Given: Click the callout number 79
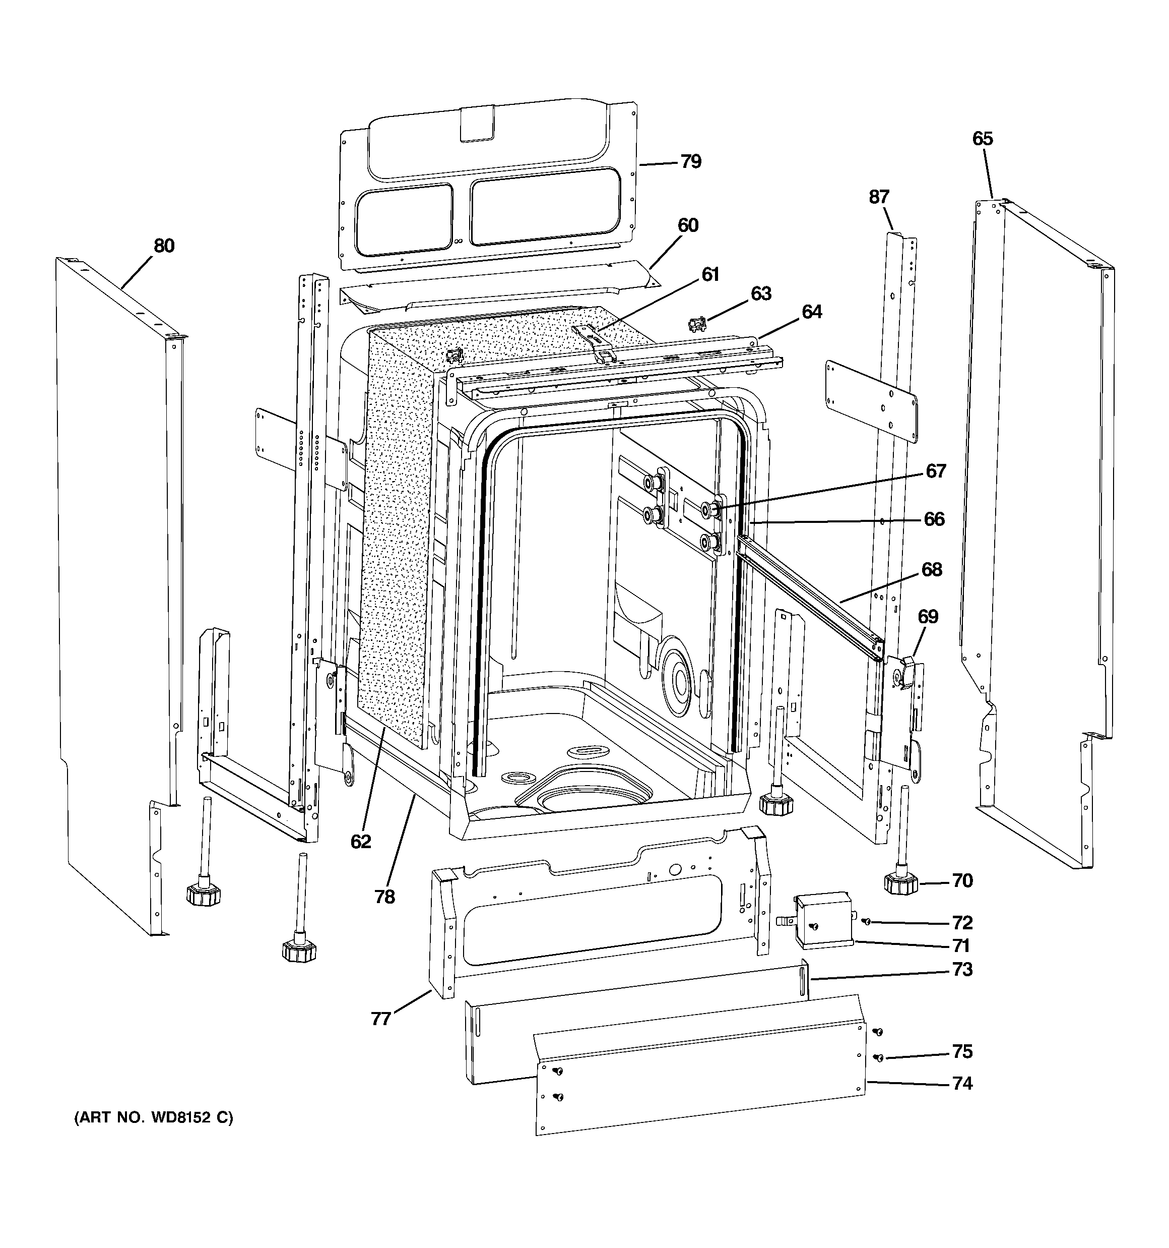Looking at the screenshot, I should (x=690, y=162).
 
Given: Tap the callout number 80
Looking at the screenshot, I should (x=164, y=246).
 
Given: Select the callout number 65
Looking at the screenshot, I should (x=983, y=139).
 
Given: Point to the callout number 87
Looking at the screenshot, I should (x=879, y=197).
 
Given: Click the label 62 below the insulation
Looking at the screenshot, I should (x=361, y=842).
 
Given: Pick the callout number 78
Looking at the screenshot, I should (x=384, y=897).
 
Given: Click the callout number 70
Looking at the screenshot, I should (x=962, y=881).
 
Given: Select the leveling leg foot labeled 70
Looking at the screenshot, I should (x=901, y=884).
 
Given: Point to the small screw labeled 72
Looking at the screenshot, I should (x=866, y=922).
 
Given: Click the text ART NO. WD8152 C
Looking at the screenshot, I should (x=154, y=1118).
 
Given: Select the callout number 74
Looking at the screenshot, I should (x=962, y=1084).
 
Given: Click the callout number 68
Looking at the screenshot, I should (x=932, y=569).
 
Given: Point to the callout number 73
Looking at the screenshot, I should (x=962, y=970).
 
